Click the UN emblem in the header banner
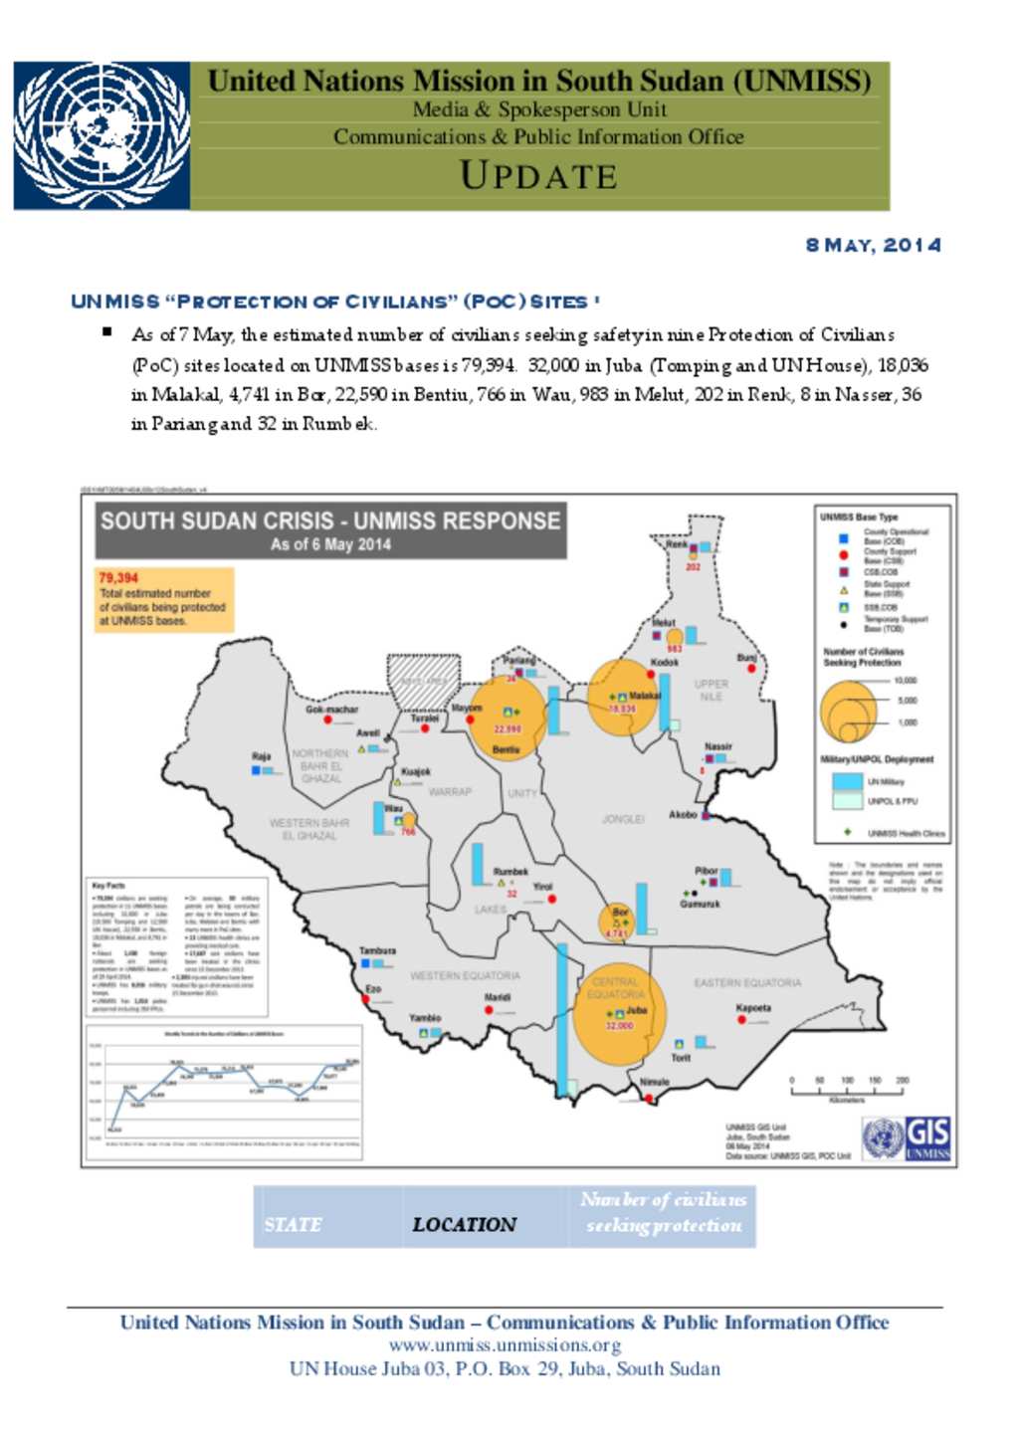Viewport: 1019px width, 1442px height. [102, 135]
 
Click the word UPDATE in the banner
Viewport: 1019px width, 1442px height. [538, 176]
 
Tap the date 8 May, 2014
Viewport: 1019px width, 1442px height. [873, 245]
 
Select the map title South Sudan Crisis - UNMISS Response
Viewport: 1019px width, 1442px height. [330, 520]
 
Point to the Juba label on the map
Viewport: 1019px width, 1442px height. [637, 1010]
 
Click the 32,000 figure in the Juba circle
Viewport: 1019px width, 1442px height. [619, 1026]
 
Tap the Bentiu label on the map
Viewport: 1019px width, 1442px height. [506, 749]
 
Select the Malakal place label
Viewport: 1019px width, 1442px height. [645, 696]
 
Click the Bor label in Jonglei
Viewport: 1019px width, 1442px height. [620, 912]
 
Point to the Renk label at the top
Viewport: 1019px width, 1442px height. [677, 544]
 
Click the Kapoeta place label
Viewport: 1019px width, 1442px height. [753, 1007]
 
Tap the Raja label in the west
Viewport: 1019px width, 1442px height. [261, 756]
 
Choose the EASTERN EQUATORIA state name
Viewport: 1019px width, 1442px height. [746, 982]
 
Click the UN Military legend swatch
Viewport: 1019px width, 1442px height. [847, 781]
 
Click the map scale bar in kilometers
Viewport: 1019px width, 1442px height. [847, 1091]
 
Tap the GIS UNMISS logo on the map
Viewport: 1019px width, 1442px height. [906, 1137]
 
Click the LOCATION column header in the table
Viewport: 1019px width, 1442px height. [464, 1224]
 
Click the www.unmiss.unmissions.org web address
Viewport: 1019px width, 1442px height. [505, 1345]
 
